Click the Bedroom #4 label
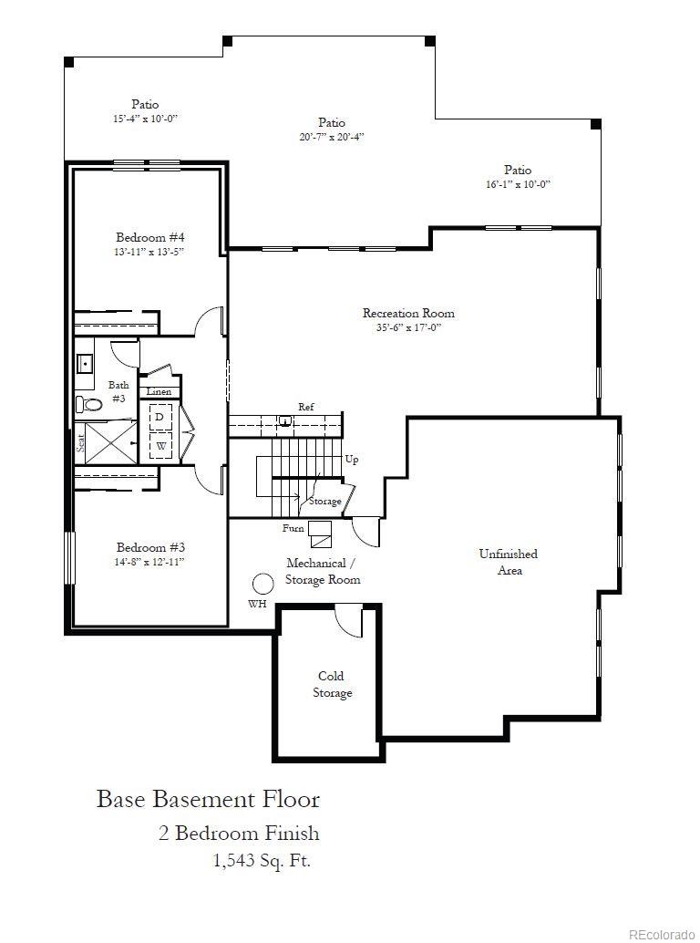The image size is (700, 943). coord(150,233)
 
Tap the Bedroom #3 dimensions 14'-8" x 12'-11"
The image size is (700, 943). coord(150,562)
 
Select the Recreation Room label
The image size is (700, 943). coord(408,313)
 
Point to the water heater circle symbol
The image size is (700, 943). coord(263,584)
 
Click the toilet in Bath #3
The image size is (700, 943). coord(87,403)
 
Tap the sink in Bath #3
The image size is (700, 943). coord(87,364)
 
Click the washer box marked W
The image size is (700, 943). coord(160,446)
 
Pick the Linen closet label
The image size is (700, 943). coord(159,392)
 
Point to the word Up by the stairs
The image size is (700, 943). coord(351,460)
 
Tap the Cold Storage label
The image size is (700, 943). coord(332,684)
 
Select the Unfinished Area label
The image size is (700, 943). coord(508,562)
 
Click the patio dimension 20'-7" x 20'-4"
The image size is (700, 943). coord(332,137)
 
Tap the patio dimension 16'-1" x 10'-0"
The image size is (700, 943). coord(518,184)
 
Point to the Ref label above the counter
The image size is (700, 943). coord(306,407)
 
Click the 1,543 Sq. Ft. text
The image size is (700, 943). coord(262,859)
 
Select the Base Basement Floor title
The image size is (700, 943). coord(209,800)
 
